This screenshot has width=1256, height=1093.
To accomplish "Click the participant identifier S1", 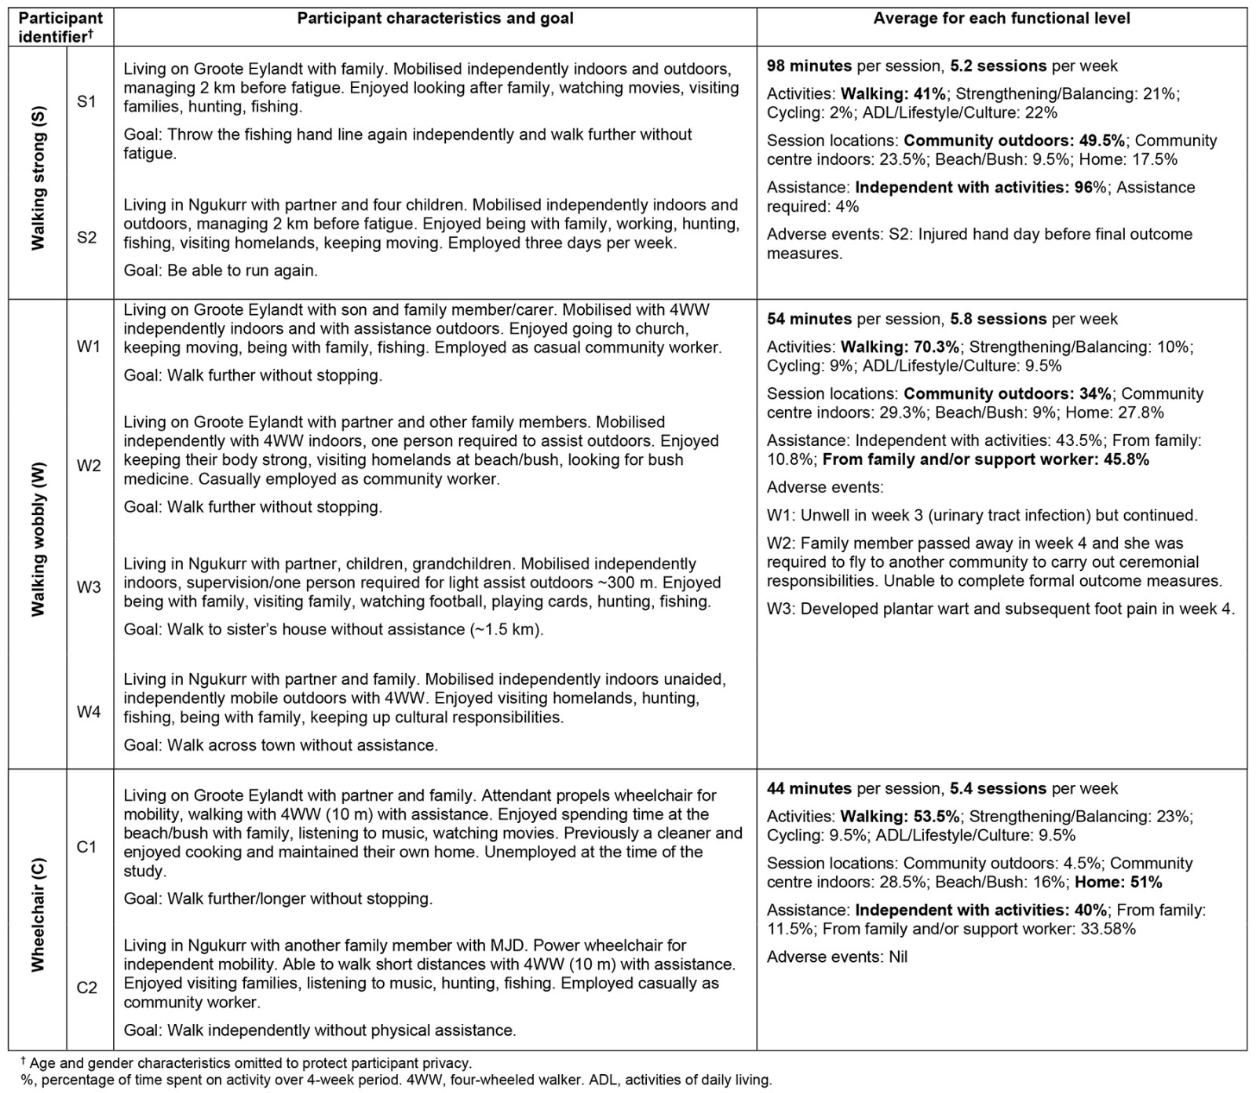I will point(87,102).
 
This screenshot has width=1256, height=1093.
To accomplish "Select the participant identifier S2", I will point(87,237).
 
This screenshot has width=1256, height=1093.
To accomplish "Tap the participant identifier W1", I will point(89,346).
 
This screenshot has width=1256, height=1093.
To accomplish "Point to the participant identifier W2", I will point(89,466).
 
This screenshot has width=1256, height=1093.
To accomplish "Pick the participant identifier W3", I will point(89,587).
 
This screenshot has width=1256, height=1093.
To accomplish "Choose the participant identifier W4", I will point(89,712).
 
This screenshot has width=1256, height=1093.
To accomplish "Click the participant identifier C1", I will point(87,846).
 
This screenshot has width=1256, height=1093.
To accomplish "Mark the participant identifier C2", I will point(87,988).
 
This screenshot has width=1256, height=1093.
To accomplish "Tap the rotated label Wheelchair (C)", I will point(38,915).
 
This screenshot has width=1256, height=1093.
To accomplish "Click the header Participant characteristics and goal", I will point(435,18).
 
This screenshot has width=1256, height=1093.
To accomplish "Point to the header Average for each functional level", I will point(1002,18).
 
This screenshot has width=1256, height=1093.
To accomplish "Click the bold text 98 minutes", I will point(809,66).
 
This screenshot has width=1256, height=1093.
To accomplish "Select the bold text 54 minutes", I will point(809,319).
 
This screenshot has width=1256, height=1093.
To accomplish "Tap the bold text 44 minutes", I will point(809,788).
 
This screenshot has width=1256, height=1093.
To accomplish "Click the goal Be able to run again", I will point(221,271).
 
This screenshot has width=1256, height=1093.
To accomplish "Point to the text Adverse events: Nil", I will point(837,957).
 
